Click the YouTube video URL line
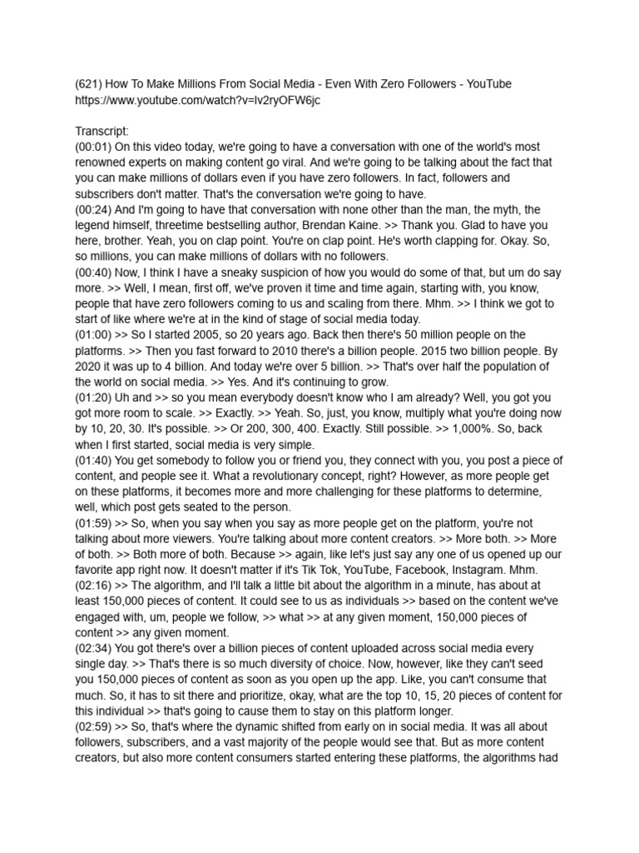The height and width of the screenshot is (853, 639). point(197,100)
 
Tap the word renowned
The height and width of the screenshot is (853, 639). point(102,162)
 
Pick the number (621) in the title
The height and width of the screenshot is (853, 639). point(91,84)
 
